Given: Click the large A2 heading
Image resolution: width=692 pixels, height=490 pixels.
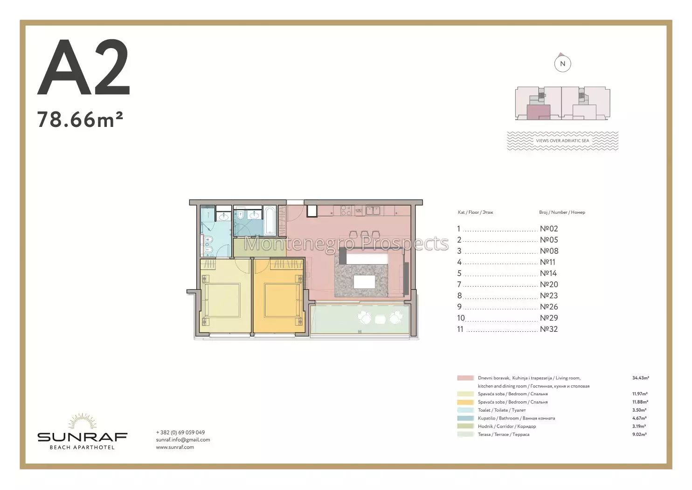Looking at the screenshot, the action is pyautogui.click(x=83, y=67).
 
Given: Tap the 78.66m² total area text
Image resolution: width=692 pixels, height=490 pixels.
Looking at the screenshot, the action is pyautogui.click(x=80, y=119).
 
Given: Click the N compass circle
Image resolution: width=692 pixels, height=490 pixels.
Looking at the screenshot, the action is pyautogui.click(x=562, y=63).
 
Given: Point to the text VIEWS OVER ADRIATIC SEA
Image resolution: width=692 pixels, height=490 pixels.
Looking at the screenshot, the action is pyautogui.click(x=562, y=140).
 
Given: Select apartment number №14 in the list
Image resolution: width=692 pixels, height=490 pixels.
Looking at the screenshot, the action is pyautogui.click(x=548, y=273).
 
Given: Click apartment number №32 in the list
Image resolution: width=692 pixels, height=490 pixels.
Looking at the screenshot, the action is pyautogui.click(x=549, y=329).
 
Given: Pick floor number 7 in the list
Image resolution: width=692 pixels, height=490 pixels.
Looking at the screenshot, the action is pyautogui.click(x=459, y=284).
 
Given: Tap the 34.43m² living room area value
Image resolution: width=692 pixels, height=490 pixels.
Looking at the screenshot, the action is pyautogui.click(x=640, y=378).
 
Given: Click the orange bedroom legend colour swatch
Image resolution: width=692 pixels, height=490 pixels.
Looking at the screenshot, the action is pyautogui.click(x=465, y=402).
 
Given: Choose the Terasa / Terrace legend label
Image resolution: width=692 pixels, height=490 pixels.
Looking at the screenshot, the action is pyautogui.click(x=504, y=434).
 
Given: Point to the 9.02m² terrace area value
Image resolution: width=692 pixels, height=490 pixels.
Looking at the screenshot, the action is pyautogui.click(x=639, y=434).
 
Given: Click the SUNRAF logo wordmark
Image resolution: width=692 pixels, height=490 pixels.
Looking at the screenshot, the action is pyautogui.click(x=82, y=437).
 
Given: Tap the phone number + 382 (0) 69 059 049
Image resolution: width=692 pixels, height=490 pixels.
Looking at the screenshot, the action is pyautogui.click(x=180, y=433).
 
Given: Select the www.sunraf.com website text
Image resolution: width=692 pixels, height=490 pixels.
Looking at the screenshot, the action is pyautogui.click(x=175, y=447).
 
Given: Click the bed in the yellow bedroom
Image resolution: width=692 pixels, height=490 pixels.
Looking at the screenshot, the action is pyautogui.click(x=221, y=300).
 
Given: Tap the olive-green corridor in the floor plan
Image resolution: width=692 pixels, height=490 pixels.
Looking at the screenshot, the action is pyautogui.click(x=259, y=247).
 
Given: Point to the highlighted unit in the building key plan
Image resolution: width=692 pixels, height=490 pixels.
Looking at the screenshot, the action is pyautogui.click(x=538, y=112).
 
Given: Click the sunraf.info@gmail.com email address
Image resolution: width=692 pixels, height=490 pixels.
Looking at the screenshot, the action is pyautogui.click(x=183, y=440).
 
